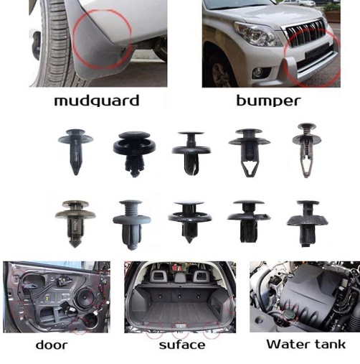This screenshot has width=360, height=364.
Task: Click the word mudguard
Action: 97,101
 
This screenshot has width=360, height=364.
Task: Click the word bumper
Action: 268,101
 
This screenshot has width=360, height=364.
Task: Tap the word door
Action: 52,345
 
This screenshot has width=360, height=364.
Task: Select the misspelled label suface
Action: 182,345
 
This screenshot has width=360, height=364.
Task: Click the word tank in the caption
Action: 331,344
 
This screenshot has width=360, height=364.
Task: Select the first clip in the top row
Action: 75,152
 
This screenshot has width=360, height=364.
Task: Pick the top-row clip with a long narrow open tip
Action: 307,150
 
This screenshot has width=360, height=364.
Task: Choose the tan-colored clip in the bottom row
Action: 75,223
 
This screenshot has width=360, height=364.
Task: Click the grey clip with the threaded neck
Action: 131,225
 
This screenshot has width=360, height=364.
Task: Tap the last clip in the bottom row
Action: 308,223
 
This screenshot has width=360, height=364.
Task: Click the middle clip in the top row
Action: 191,153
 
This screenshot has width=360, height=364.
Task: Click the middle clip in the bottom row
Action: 190,222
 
